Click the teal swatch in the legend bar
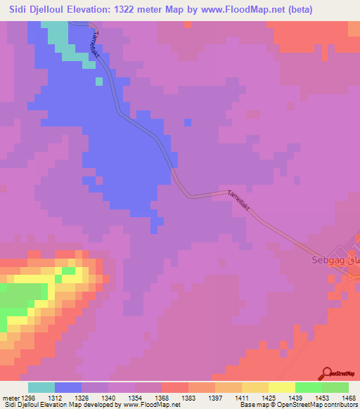click(x=41, y=387)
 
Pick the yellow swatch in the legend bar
click(x=281, y=387)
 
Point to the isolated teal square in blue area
click(x=99, y=81)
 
